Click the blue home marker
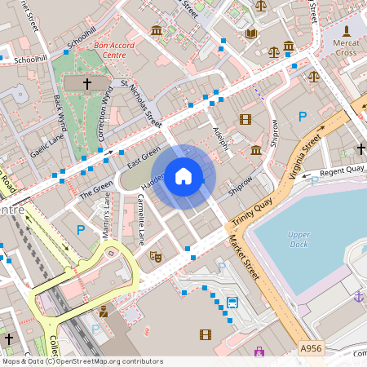tap(183, 176)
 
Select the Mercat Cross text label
tap(346, 47)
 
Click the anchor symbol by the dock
tap(357, 297)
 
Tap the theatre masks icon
tap(155, 256)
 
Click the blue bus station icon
tap(232, 303)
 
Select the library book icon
tap(251, 33)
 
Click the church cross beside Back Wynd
tap(87, 84)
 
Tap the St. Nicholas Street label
tap(140, 103)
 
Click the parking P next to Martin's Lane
tap(80, 230)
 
